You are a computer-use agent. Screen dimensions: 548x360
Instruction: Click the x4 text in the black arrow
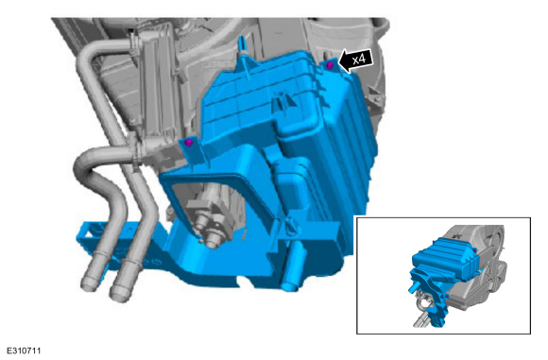pyautogui.click(x=359, y=60)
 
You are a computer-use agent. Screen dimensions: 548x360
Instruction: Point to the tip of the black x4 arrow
pyautogui.click(x=338, y=63)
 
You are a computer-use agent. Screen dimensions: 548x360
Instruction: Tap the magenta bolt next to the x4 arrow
pyautogui.click(x=330, y=65)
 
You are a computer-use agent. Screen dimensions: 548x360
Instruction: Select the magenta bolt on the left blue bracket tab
pyautogui.click(x=189, y=143)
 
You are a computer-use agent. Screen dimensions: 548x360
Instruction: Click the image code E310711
pyautogui.click(x=25, y=351)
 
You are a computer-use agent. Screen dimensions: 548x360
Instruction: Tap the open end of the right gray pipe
pyautogui.click(x=119, y=293)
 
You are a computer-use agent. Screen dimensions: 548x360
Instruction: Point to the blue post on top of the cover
pyautogui.click(x=241, y=46)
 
